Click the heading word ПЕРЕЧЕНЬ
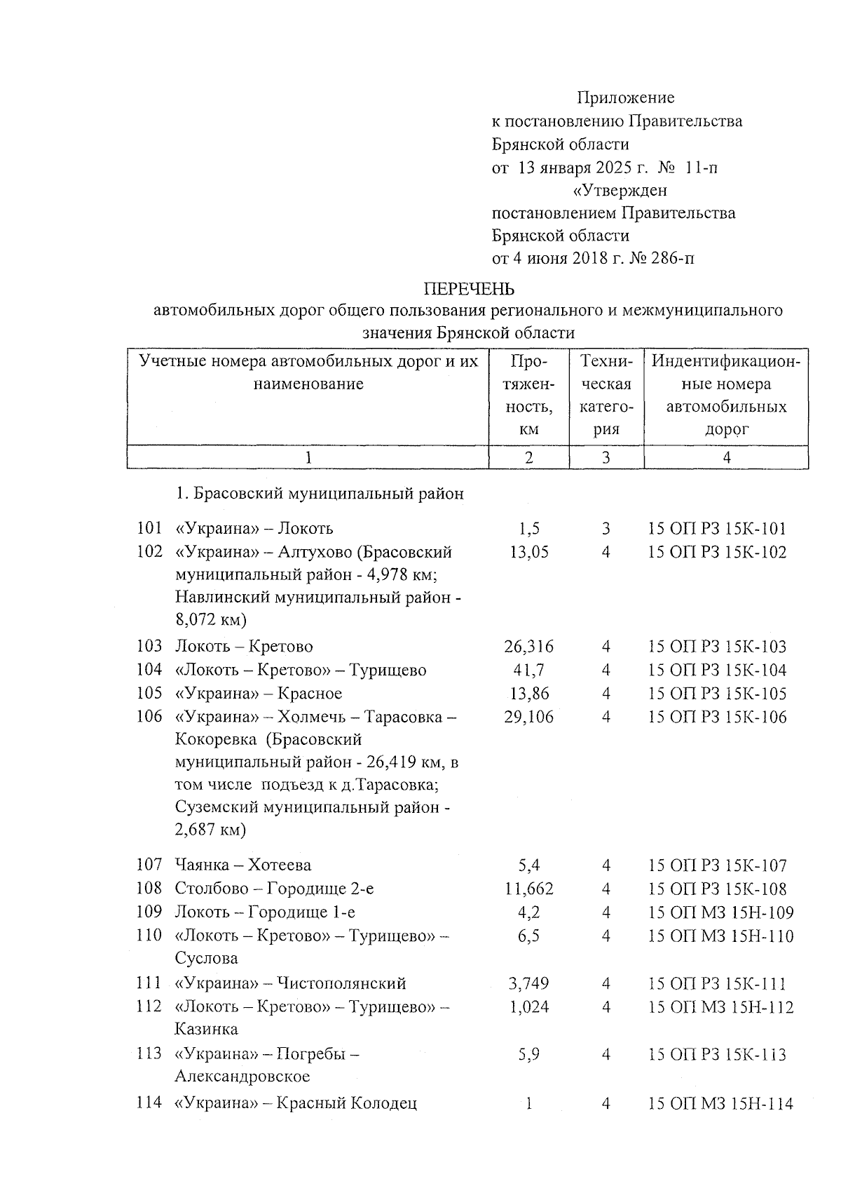469,289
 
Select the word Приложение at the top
626,97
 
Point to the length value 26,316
529,647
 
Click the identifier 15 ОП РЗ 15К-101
718,529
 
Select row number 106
149,717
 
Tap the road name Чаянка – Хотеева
243,865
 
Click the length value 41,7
529,671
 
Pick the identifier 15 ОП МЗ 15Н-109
721,912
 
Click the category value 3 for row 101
606,529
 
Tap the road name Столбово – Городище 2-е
274,889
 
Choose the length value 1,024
529,1008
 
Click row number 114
149,1104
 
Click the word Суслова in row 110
206,959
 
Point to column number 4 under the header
726,458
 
